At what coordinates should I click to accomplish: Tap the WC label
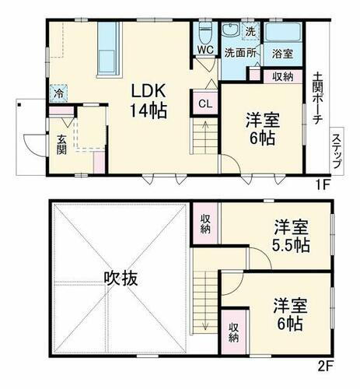204,50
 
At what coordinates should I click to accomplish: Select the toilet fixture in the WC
205,33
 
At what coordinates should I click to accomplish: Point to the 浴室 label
282,54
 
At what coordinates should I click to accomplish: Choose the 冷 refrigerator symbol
58,91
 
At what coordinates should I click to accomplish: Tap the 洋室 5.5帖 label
292,236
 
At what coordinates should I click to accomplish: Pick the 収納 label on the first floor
283,75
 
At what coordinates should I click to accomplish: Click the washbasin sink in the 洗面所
230,33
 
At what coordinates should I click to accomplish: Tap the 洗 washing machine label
250,32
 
